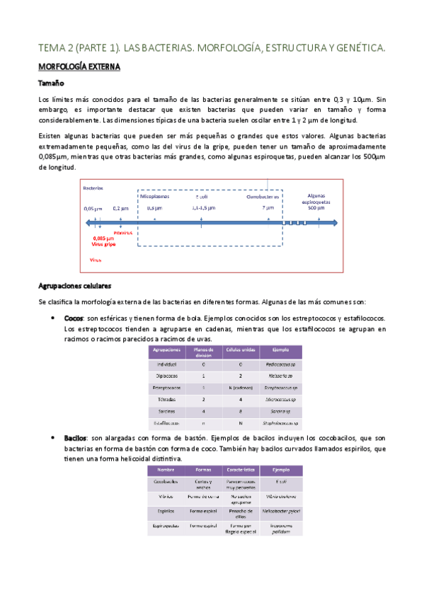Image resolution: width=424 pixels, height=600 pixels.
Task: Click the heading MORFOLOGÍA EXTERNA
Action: (x=80, y=68)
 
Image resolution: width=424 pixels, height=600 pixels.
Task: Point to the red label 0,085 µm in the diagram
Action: (x=104, y=238)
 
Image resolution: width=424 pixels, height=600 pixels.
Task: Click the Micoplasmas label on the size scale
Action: (x=154, y=197)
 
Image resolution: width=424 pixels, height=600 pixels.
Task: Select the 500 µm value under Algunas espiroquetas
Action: (x=316, y=208)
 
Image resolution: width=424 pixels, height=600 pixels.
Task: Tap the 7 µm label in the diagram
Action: (x=268, y=208)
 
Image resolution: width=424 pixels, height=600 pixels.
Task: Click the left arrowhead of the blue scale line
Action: (x=87, y=222)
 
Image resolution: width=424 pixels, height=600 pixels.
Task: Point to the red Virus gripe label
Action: (x=105, y=245)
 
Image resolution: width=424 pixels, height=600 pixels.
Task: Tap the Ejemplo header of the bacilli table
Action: (x=281, y=470)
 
